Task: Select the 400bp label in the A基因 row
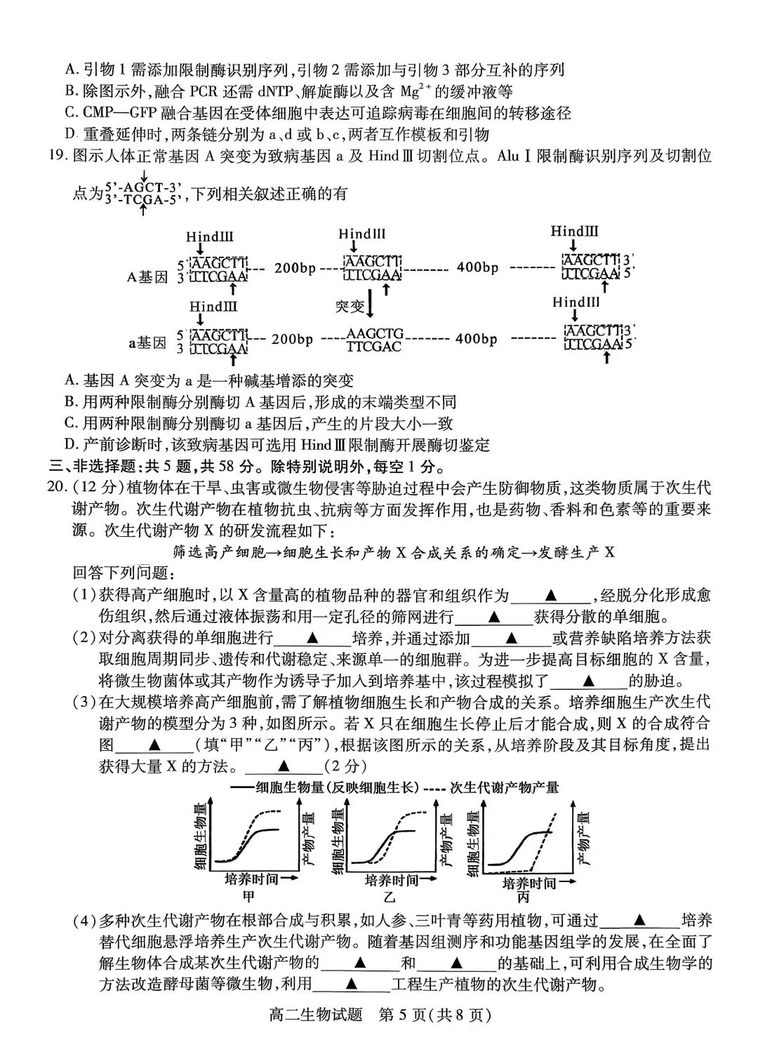click(477, 267)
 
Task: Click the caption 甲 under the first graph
click(248, 896)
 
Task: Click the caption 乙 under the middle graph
click(390, 897)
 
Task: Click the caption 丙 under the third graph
click(523, 898)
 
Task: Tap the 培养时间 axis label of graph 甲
click(252, 879)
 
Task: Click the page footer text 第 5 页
click(410, 1015)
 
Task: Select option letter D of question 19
click(69, 445)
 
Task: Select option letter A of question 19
click(69, 381)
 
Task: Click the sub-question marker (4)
click(85, 921)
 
